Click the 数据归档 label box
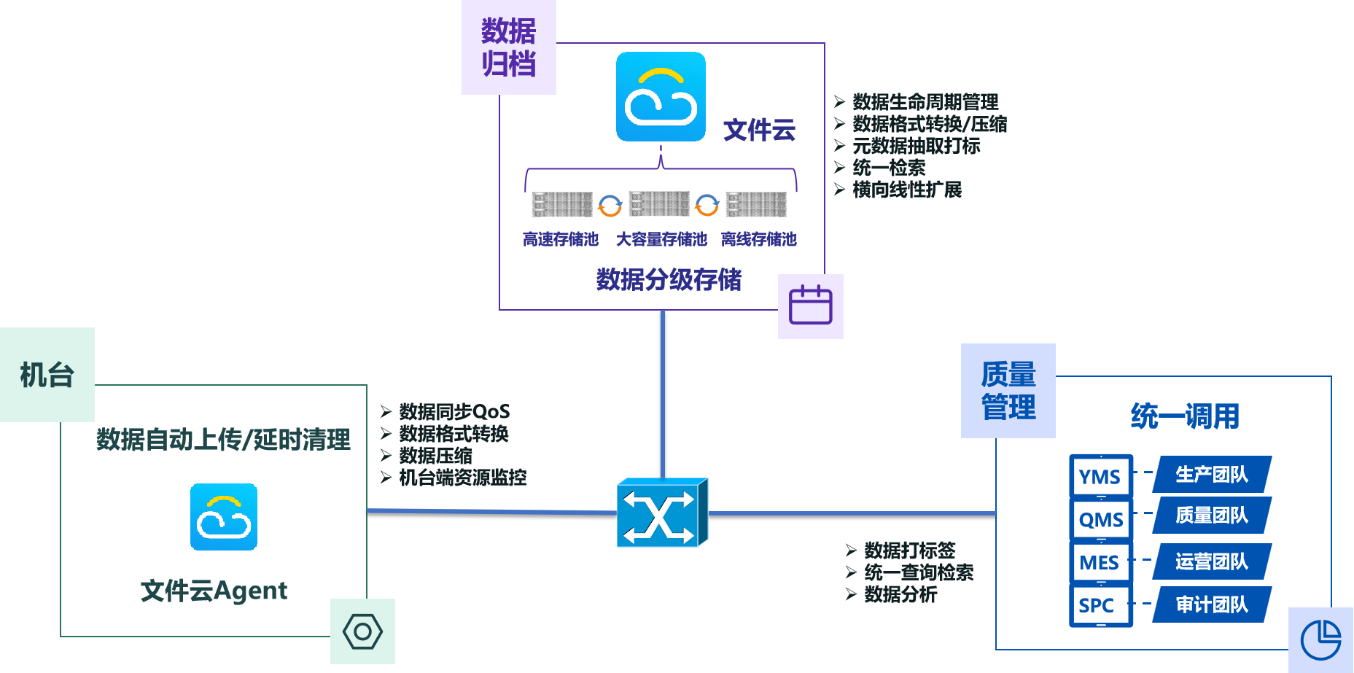pos(508,47)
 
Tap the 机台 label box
pos(47,375)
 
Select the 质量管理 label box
pos(1008,391)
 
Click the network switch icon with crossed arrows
pos(661,513)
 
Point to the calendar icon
pos(811,306)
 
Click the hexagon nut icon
pos(362,631)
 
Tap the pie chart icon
pos(1320,640)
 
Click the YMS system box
pos(1100,477)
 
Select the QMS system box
pos(1100,520)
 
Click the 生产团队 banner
pos(1212,475)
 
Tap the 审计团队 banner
pos(1212,604)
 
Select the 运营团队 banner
pos(1212,561)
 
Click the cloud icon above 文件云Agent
pos(224,517)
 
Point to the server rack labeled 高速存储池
pos(561,204)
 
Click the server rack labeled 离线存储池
pos(756,204)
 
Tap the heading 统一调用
pos(1185,416)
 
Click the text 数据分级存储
pos(669,279)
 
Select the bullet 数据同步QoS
pos(454,412)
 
